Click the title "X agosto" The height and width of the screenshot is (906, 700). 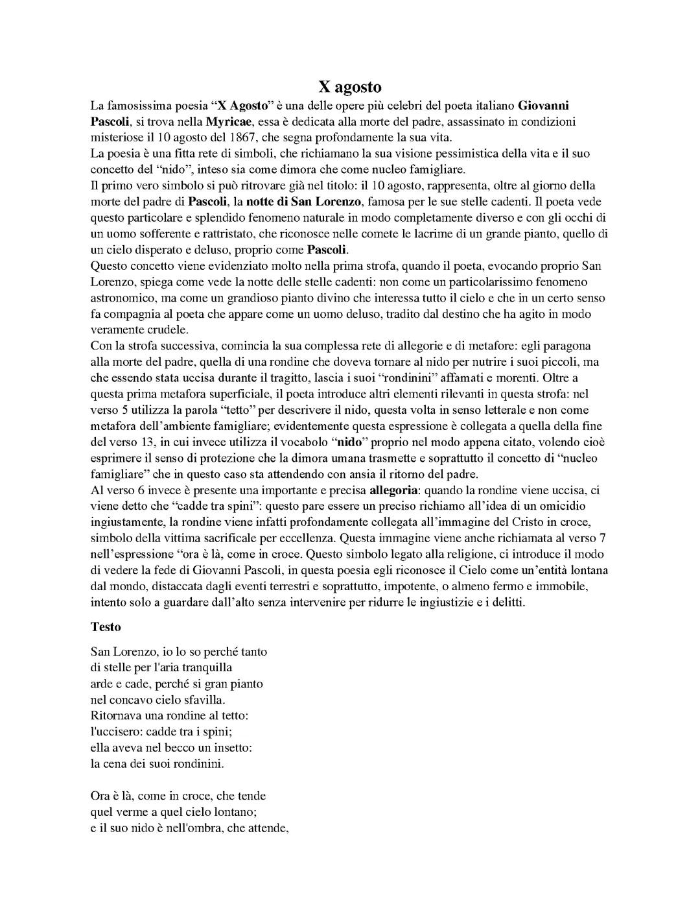349,87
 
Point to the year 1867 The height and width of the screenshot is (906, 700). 243,137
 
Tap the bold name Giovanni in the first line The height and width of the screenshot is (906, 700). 544,106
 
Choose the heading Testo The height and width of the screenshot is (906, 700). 106,627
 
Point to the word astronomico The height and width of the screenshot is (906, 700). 122,298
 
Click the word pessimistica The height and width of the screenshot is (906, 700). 391,154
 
